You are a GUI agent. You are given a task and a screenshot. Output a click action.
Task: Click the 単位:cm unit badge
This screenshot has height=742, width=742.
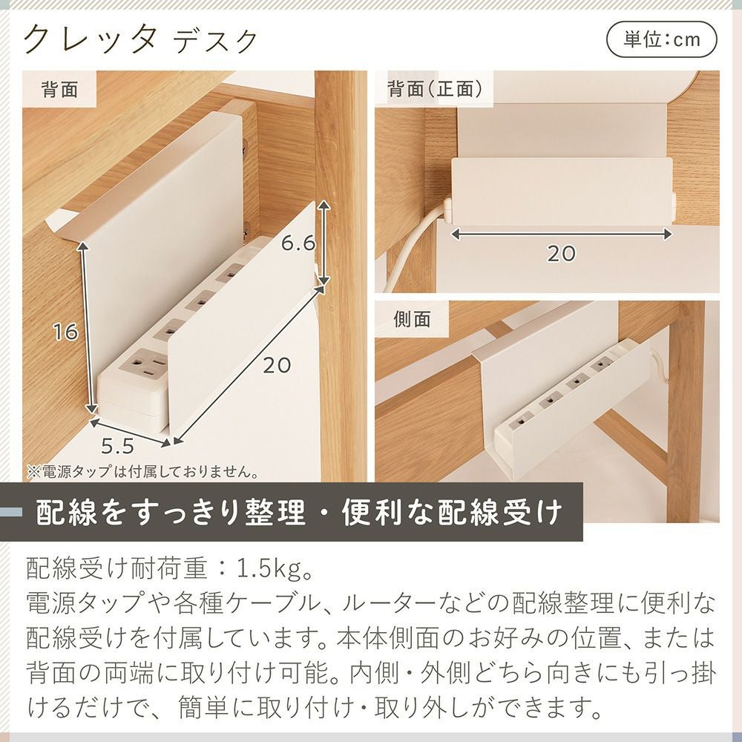[662, 39]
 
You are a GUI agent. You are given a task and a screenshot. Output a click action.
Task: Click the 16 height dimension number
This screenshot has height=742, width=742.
[65, 332]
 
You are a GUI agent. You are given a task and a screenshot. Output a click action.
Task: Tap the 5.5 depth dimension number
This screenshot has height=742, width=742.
[117, 445]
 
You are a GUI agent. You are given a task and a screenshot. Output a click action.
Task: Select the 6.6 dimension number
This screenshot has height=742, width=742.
[298, 243]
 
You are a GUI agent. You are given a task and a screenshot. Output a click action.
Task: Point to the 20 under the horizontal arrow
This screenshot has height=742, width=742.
[561, 254]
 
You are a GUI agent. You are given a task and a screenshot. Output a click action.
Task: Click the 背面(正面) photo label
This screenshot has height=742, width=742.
[435, 88]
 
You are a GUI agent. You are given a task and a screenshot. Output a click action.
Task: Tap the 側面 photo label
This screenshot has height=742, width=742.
[412, 320]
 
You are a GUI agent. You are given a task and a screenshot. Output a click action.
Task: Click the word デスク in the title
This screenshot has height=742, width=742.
[215, 42]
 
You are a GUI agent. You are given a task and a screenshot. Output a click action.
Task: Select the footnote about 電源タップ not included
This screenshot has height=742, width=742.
[142, 472]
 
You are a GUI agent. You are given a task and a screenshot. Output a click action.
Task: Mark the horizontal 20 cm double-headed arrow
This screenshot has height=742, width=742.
[561, 234]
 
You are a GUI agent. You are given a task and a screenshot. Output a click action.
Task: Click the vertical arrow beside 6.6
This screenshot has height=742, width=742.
[324, 243]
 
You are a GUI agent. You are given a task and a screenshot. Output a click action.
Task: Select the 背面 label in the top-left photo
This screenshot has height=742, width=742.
[59, 89]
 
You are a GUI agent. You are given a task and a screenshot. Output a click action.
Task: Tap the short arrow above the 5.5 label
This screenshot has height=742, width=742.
[131, 432]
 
